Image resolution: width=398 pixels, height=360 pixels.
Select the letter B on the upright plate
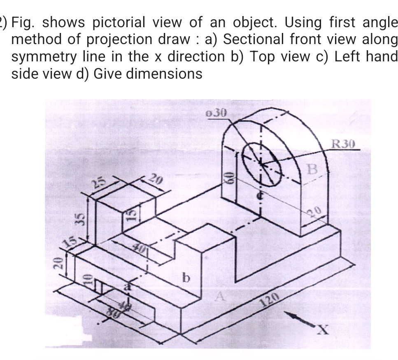(x=314, y=169)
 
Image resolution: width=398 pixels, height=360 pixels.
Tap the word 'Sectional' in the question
(x=250, y=40)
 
